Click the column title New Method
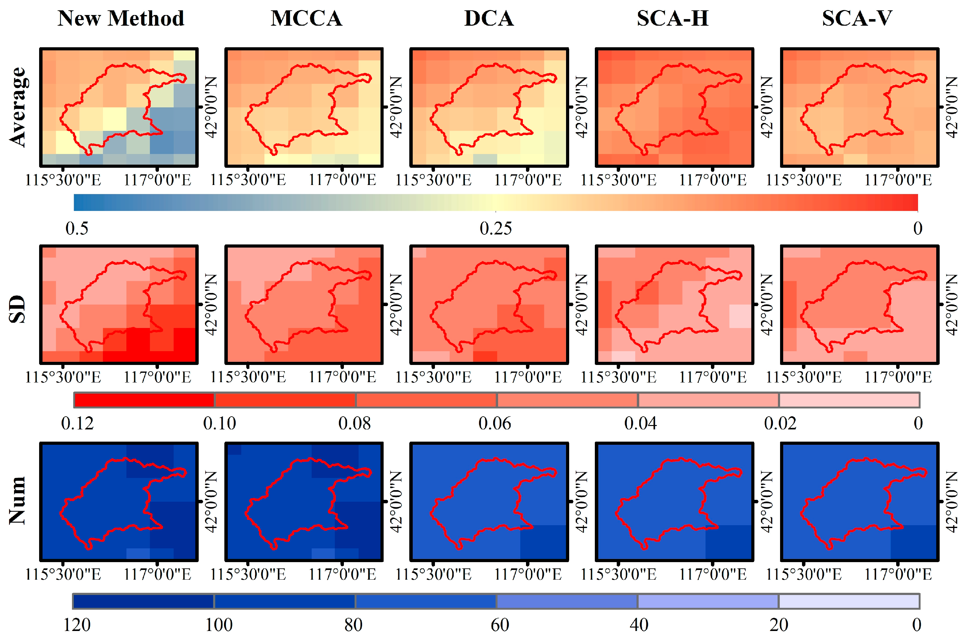pos(121,18)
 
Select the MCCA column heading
pos(307,18)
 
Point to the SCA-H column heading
pos(673,18)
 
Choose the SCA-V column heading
pos(857,18)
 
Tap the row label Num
pos(18,500)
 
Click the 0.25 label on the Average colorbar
pos(496,228)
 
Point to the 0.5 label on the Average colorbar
pos(77,228)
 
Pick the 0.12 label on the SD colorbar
pos(77,423)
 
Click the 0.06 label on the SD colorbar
pos(495,423)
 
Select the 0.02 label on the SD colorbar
pos(780,423)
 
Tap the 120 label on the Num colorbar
pos(77,625)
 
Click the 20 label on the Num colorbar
pos(779,625)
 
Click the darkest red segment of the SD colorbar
pos(144,400)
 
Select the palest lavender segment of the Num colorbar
pos(849,601)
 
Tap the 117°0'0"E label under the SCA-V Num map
pos(898,574)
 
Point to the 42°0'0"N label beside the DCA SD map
pos(581,305)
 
